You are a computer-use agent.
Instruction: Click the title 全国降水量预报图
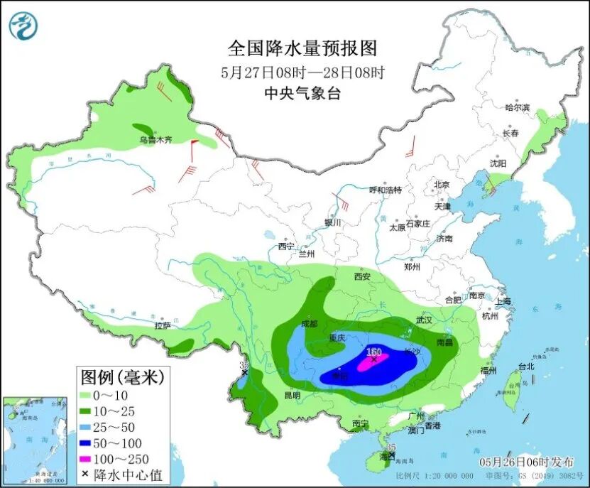302,48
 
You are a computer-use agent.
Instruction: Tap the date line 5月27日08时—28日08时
302,72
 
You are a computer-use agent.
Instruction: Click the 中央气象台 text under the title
302,93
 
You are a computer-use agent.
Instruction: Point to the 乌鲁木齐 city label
155,141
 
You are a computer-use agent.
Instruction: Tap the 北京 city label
442,185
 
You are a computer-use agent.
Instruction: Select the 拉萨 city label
163,325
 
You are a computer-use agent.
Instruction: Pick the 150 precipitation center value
373,352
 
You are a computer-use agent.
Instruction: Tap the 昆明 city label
292,395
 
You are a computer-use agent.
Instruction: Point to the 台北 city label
525,367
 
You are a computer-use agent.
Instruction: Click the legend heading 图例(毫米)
121,376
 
